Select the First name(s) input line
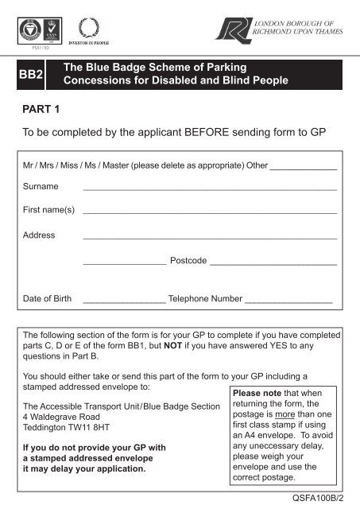point(210,214)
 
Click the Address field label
point(39,235)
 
